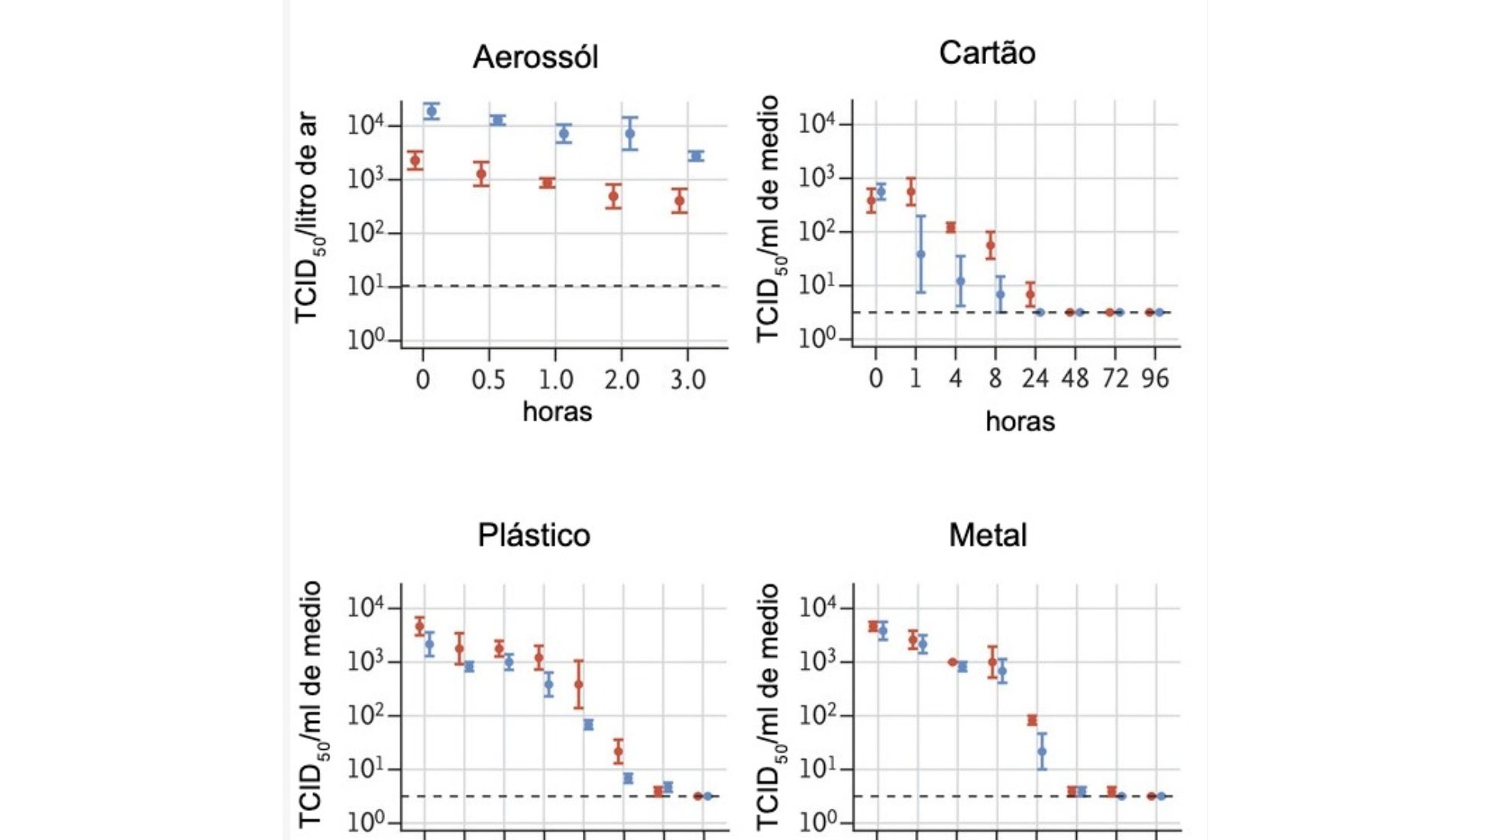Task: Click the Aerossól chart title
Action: tap(535, 57)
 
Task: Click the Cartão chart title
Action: tap(987, 53)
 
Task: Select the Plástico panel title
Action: tap(534, 535)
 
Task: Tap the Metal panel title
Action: tap(988, 535)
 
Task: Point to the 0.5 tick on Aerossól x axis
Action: tap(488, 380)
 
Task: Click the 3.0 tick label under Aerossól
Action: tap(687, 380)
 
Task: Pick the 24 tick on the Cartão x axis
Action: tap(1035, 378)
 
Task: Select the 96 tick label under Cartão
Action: tap(1155, 378)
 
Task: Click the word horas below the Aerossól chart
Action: tap(557, 412)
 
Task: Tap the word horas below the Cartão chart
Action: tap(1020, 422)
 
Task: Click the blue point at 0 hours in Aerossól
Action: tap(432, 111)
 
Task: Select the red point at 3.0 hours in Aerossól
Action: tap(680, 201)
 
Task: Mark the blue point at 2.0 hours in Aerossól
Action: tap(629, 134)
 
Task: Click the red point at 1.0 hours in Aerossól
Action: tap(547, 183)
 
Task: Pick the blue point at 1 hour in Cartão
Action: tap(920, 254)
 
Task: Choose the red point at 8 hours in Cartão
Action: tap(991, 246)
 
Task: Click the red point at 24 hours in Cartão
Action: tap(1030, 294)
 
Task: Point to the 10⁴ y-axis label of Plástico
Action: tap(364, 609)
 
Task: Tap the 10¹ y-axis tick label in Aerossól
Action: tap(364, 287)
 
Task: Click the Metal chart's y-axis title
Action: tap(768, 706)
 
